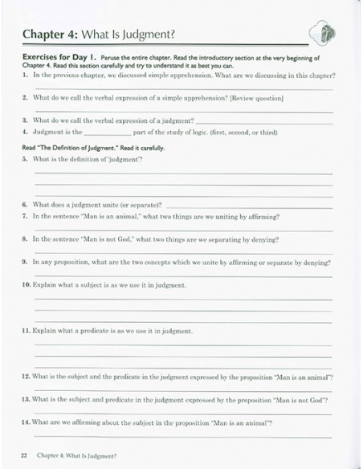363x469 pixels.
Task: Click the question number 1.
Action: pyautogui.click(x=26, y=75)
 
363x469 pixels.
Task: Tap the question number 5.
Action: pyautogui.click(x=26, y=158)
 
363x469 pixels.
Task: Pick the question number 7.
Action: pyautogui.click(x=26, y=216)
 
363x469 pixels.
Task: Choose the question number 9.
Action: pyautogui.click(x=26, y=262)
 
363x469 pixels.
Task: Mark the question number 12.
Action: pyautogui.click(x=26, y=376)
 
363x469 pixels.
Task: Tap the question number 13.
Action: pyautogui.click(x=26, y=398)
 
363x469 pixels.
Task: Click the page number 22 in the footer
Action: pyautogui.click(x=24, y=455)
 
